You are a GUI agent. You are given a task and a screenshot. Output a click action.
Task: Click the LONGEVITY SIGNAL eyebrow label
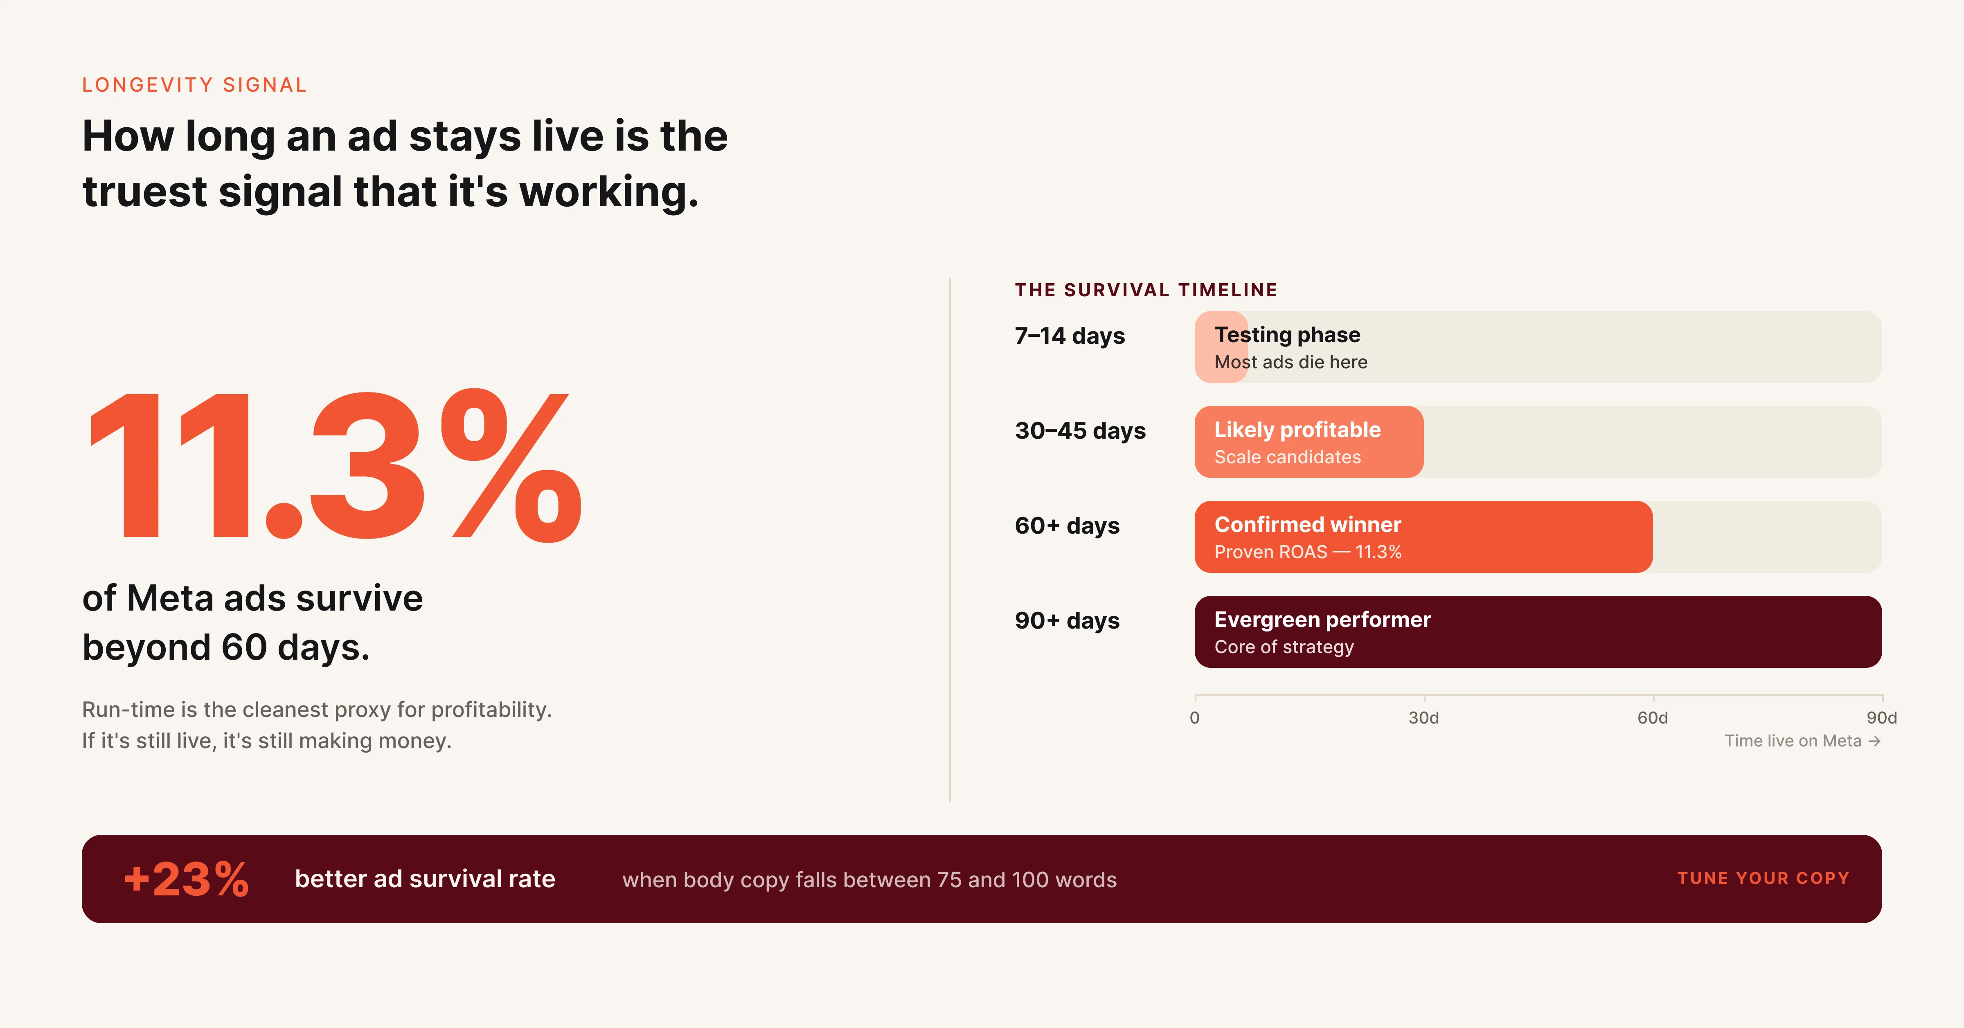[x=194, y=85]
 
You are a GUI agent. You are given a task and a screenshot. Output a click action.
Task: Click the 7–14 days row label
[x=1070, y=336]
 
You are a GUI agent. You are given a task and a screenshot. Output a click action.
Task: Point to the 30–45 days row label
[x=1080, y=431]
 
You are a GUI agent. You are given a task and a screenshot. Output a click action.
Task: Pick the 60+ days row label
[x=1067, y=525]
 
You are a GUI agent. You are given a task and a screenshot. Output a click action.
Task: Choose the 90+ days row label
[x=1067, y=621]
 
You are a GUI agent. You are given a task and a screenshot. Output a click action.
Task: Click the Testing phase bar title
[x=1287, y=335]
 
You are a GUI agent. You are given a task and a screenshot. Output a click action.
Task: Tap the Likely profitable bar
[x=1309, y=442]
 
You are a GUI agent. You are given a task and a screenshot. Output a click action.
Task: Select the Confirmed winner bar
[x=1423, y=537]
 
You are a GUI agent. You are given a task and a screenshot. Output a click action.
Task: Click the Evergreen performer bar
[x=1537, y=631]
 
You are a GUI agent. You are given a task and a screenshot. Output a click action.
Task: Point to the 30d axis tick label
[x=1423, y=718]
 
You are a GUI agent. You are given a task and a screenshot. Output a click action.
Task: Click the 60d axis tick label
[x=1652, y=718]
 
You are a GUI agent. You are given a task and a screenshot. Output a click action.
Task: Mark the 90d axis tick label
[x=1881, y=718]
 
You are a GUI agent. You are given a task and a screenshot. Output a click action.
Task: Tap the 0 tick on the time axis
[x=1195, y=718]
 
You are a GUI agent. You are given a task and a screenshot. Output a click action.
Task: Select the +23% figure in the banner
[x=186, y=879]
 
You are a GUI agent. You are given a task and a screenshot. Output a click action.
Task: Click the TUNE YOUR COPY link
[x=1763, y=879]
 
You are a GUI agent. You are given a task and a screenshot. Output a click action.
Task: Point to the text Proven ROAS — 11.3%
[x=1308, y=552]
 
